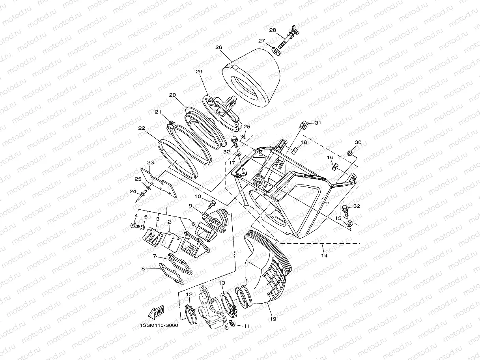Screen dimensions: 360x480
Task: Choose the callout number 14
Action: [324, 256]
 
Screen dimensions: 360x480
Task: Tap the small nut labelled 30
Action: [349, 153]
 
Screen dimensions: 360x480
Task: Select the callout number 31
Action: [318, 123]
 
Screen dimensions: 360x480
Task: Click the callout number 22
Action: [141, 128]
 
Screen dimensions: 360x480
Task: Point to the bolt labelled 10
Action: [211, 204]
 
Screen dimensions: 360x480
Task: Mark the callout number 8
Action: [143, 269]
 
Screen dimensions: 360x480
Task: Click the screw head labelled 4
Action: [133, 226]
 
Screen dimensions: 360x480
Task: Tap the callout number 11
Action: [247, 326]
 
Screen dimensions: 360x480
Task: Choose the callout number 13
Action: [222, 283]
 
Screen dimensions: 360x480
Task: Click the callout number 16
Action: [329, 157]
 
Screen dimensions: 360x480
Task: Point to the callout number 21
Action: [158, 112]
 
